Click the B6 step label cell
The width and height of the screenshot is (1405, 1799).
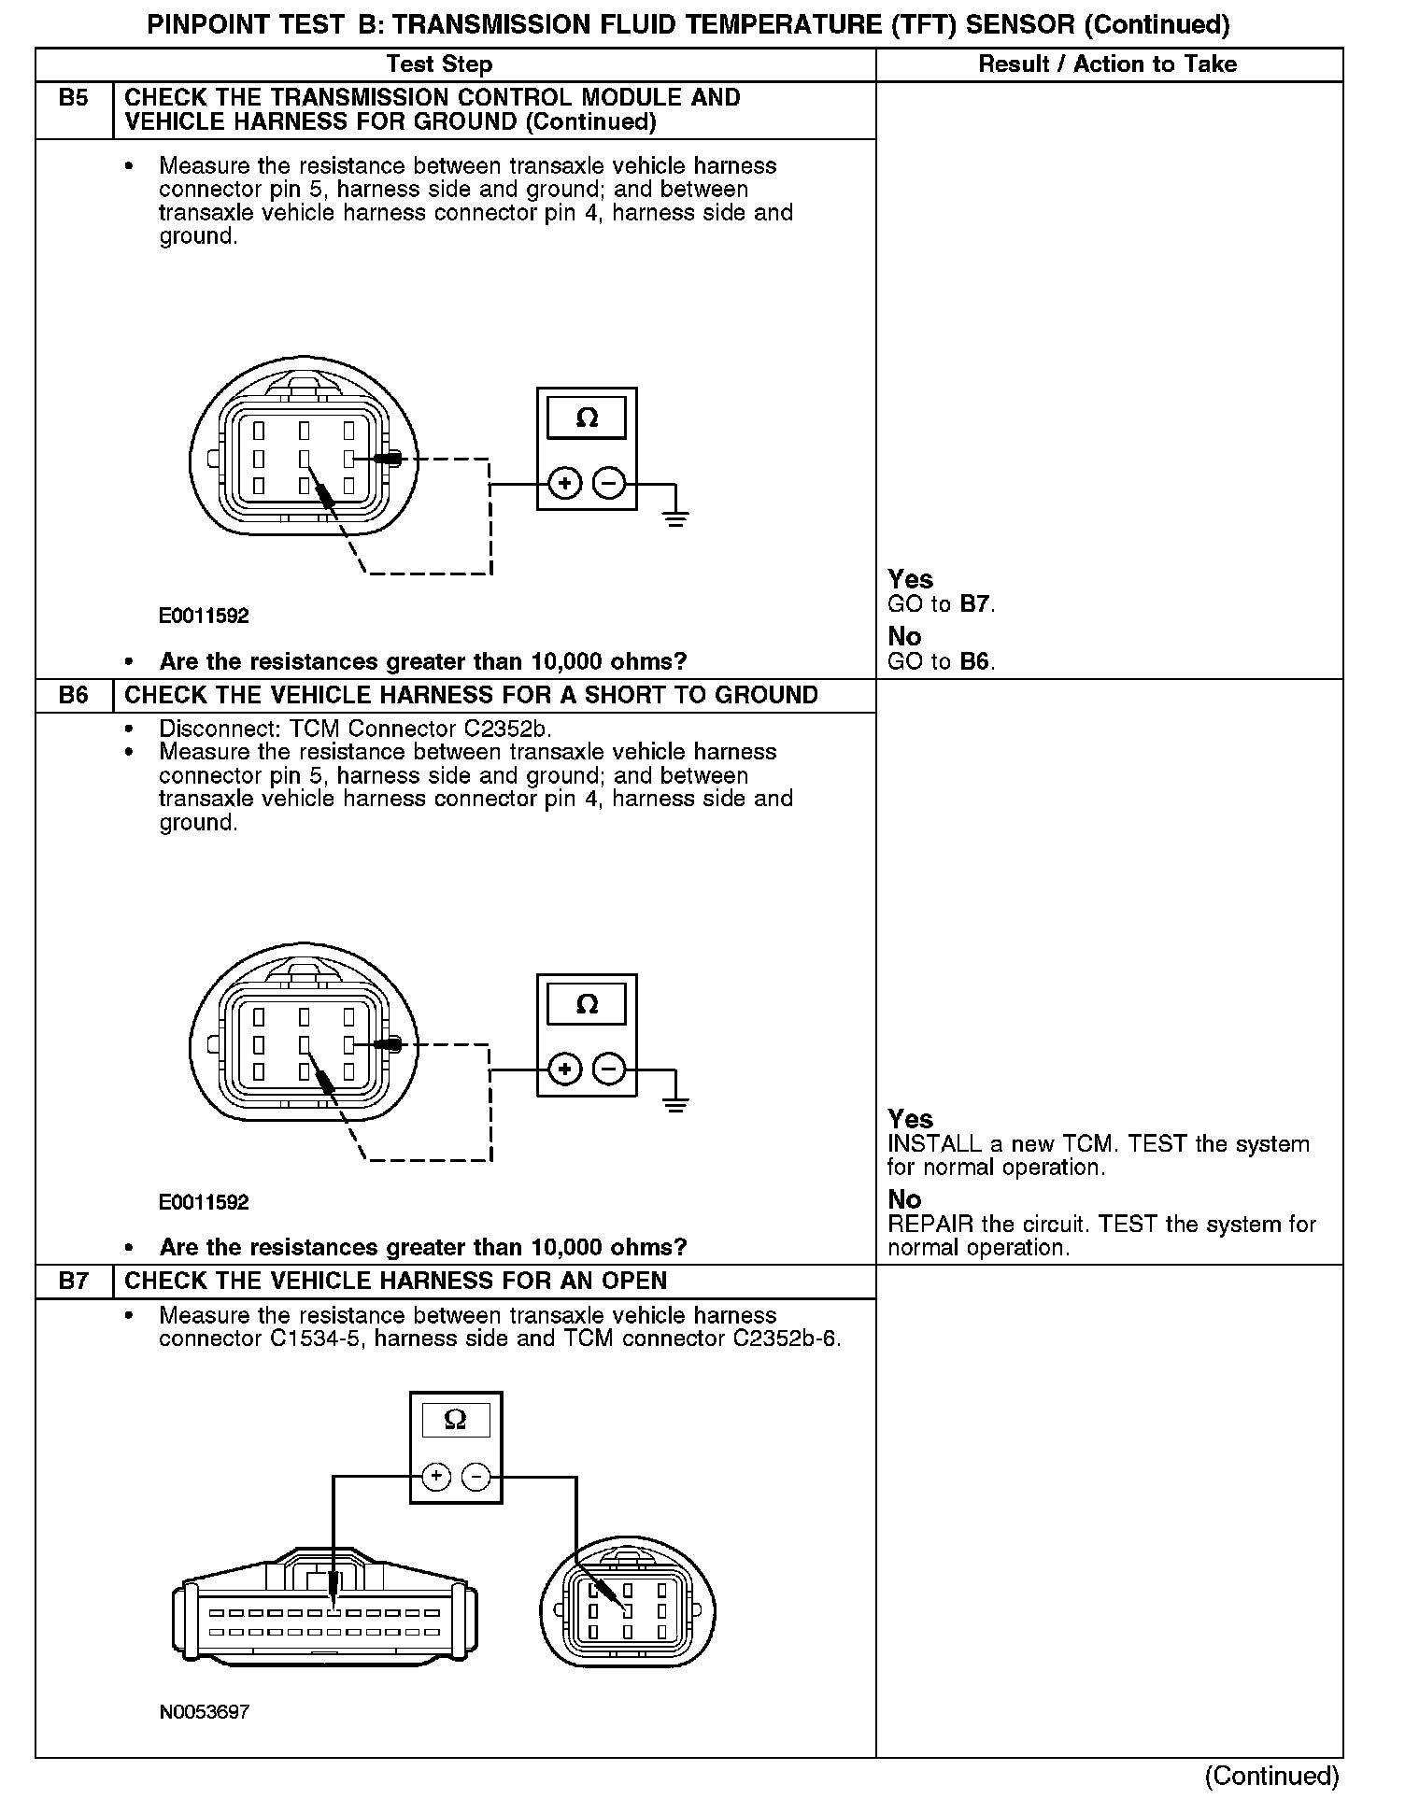[73, 696]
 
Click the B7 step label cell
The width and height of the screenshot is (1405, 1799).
[73, 1282]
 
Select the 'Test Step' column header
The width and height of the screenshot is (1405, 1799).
[439, 64]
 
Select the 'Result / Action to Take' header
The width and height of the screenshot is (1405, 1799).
[1107, 64]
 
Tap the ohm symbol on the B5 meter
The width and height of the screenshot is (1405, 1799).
[587, 418]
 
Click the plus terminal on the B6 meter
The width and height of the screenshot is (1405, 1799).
[564, 1069]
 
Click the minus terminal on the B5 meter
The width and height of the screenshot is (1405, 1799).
[609, 484]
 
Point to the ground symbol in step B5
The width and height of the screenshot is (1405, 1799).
[675, 517]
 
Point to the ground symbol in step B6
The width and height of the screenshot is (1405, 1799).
[675, 1102]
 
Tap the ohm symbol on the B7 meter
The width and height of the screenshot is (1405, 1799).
[455, 1420]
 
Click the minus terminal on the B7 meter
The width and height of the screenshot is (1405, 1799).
[475, 1477]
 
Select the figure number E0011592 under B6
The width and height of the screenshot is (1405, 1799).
[204, 1202]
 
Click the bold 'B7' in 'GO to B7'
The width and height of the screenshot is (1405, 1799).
[974, 604]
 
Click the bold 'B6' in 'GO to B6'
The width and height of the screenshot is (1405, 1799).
[974, 662]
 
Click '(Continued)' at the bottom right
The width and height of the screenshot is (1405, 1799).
[1271, 1776]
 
